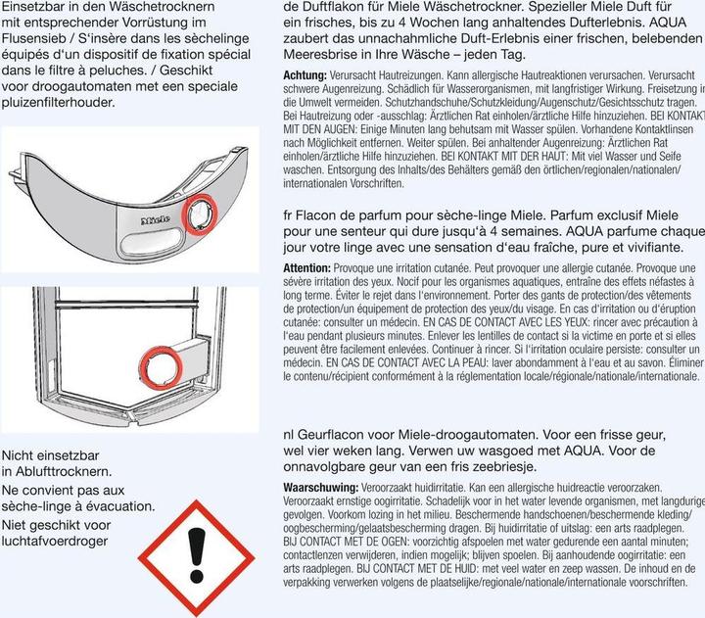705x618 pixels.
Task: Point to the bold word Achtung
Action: point(305,75)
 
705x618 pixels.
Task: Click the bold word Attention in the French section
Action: point(306,267)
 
